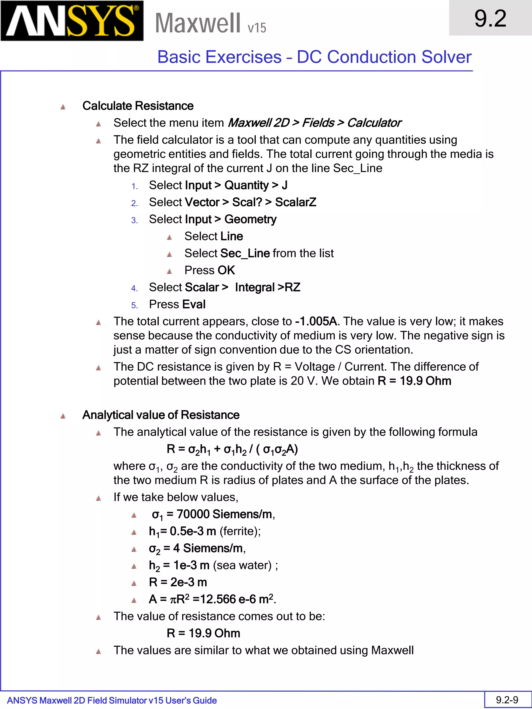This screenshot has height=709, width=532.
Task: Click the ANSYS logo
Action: (72, 21)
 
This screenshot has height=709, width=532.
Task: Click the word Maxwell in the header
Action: (197, 23)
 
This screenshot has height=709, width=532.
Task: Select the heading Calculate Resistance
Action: (138, 106)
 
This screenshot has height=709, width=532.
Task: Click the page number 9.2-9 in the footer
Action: (507, 700)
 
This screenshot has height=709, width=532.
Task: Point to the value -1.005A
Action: (316, 321)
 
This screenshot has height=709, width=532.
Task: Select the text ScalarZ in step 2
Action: (296, 202)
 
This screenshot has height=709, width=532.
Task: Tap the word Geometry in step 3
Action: (250, 219)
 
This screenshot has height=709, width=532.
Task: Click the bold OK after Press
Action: (227, 270)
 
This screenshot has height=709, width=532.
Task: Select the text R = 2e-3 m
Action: (178, 582)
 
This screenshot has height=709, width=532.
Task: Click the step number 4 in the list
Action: (134, 288)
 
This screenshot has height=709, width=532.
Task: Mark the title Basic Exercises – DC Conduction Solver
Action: (314, 57)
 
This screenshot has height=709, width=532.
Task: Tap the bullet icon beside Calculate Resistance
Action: (63, 107)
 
